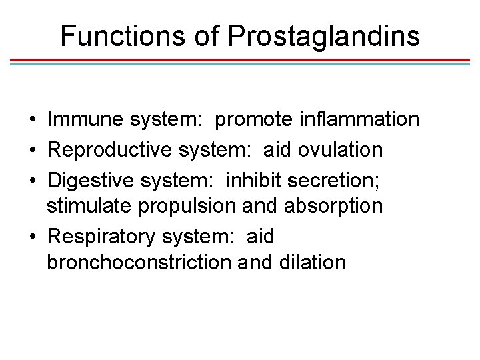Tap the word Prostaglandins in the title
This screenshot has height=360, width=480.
pyautogui.click(x=324, y=36)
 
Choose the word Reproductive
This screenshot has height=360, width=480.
pyautogui.click(x=111, y=149)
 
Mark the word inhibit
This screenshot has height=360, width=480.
pyautogui.click(x=251, y=178)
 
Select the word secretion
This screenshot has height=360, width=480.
pyautogui.click(x=331, y=178)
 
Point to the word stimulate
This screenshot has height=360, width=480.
pyautogui.click(x=90, y=206)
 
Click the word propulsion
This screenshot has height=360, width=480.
pyautogui.click(x=187, y=206)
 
